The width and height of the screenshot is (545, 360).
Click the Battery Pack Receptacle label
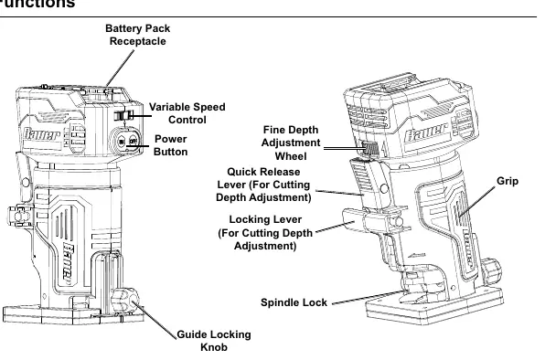[x=138, y=35]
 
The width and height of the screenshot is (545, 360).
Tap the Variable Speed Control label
[x=187, y=113]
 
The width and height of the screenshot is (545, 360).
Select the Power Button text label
[x=171, y=145]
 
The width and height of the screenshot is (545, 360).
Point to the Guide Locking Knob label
[x=214, y=341]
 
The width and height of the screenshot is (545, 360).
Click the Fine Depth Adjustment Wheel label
[x=291, y=143]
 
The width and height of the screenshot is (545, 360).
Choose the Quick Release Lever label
[x=263, y=185]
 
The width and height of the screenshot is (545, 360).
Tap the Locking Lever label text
[x=265, y=233]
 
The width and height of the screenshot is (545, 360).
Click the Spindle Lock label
[x=294, y=302]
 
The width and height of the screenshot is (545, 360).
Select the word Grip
[x=508, y=181]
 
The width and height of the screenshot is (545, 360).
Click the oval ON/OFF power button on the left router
[x=126, y=142]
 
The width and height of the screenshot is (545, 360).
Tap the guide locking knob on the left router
[x=125, y=301]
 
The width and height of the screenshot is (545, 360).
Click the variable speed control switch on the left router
[x=123, y=116]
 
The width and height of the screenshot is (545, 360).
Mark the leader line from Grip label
[x=477, y=202]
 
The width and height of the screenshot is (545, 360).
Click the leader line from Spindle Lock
[x=368, y=298]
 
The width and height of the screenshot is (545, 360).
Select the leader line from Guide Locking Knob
[x=155, y=320]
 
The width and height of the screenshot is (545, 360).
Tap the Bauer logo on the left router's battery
[x=42, y=134]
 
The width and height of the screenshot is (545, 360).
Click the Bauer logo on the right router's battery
[x=426, y=131]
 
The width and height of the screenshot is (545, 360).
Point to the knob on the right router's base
[x=491, y=270]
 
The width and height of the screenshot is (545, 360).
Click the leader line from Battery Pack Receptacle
[x=121, y=68]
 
